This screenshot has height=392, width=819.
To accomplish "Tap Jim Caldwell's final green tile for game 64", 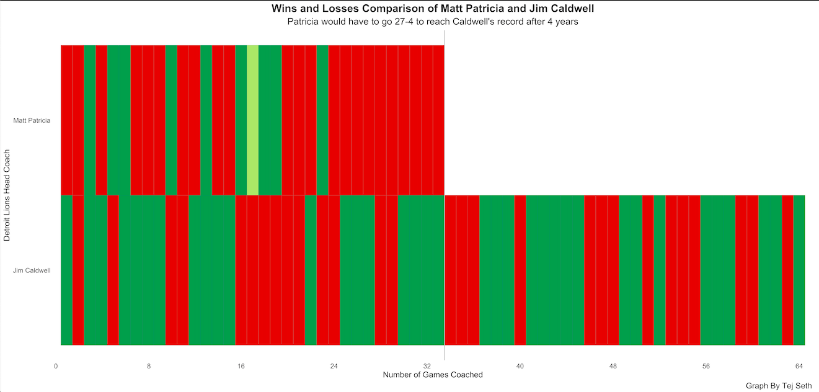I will click(799, 270).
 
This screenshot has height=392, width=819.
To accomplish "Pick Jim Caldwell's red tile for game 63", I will click(787, 270).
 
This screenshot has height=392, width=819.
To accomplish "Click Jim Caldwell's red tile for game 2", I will click(78, 270).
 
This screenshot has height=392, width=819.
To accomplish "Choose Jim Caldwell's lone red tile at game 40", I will click(520, 270).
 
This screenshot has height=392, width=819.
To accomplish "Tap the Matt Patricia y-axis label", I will click(32, 120).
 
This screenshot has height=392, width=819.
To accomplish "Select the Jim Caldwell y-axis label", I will click(32, 270).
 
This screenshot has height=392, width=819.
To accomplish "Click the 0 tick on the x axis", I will click(56, 366).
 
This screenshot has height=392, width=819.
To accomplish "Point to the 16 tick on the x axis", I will click(241, 366).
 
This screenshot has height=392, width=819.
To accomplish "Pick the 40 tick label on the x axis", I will click(520, 366).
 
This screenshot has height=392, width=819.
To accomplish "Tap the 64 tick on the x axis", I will click(799, 366).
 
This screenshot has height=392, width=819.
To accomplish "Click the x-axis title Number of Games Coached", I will click(433, 375).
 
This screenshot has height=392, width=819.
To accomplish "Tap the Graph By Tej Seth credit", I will click(779, 386).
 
